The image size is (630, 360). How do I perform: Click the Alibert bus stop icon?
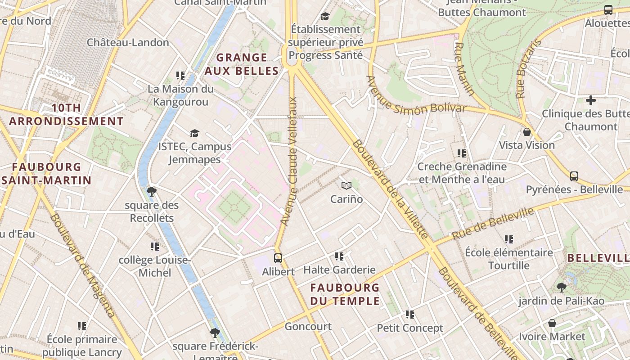point(278,258)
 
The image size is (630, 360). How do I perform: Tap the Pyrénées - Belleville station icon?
point(574,176)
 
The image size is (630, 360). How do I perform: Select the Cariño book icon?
point(346,185)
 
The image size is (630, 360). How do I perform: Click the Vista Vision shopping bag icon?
point(526,132)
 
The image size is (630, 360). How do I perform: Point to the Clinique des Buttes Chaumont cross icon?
point(591,100)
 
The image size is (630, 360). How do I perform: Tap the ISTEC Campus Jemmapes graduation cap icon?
point(194,133)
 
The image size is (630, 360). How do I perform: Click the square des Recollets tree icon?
point(152,192)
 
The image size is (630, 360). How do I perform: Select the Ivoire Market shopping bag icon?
point(552,323)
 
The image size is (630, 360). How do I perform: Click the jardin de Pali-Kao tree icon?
point(561,287)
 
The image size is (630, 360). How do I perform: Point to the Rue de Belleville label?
point(493,223)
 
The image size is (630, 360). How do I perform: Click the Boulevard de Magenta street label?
point(82,265)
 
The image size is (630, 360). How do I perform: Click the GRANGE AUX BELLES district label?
point(242,64)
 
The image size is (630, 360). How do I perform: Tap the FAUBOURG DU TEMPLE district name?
point(345,294)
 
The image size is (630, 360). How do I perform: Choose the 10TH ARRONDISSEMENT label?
point(66,114)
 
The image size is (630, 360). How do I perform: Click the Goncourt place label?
point(308,327)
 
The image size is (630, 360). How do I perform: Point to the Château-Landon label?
point(128,42)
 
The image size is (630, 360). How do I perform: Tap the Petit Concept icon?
point(409,315)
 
